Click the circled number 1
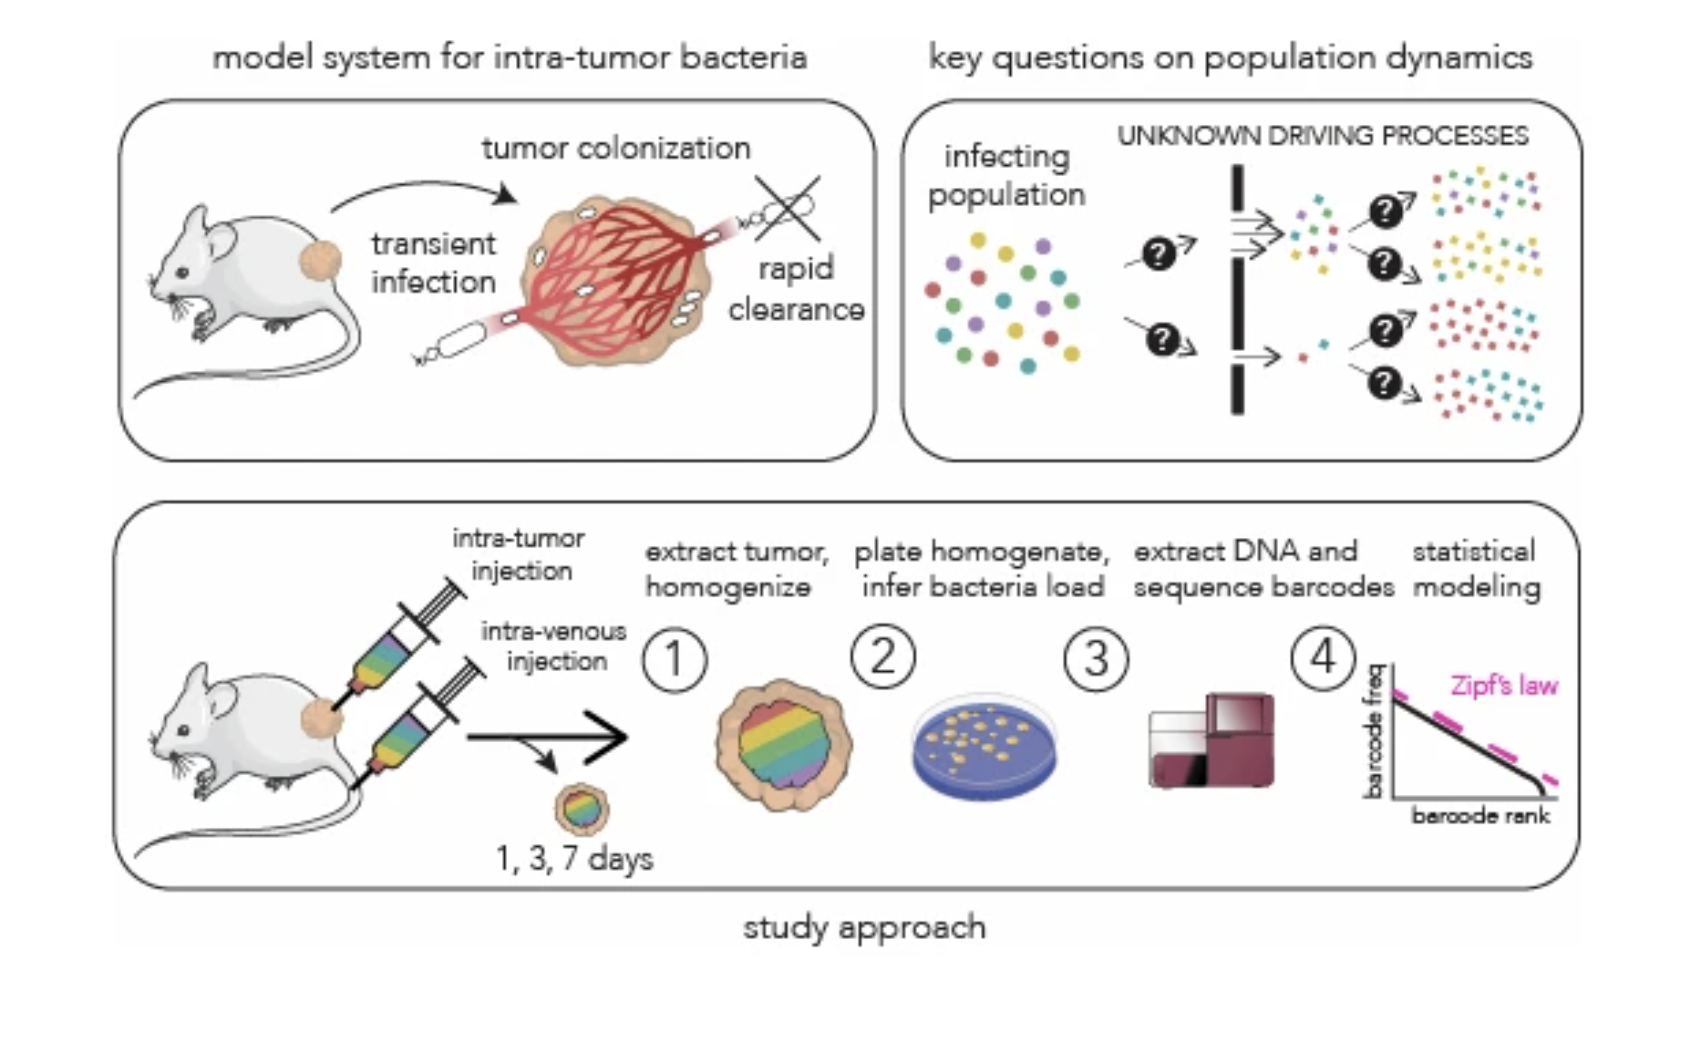click(x=675, y=659)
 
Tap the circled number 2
click(x=883, y=656)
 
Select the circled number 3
click(x=1096, y=659)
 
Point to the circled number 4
click(x=1324, y=657)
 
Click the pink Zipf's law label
click(x=1504, y=686)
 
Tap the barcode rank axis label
click(x=1480, y=815)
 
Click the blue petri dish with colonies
click(x=985, y=747)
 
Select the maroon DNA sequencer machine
click(x=1211, y=741)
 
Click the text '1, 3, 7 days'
click(x=574, y=859)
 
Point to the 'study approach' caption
click(x=864, y=928)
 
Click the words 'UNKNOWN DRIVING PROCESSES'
click(x=1323, y=136)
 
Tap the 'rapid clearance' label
click(x=796, y=289)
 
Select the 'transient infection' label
click(x=433, y=263)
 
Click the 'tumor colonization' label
click(x=616, y=148)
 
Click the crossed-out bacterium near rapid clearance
click(x=787, y=209)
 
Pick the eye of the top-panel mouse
click(x=183, y=272)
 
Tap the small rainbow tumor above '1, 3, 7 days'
click(x=581, y=808)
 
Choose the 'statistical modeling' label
click(x=1476, y=569)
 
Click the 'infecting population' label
click(x=1006, y=175)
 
